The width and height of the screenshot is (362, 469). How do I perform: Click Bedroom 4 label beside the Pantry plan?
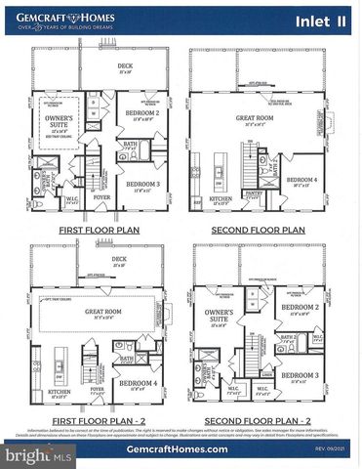[303, 181]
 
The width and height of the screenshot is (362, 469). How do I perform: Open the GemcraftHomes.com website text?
[181, 448]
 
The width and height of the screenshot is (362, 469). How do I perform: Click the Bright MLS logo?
[39, 454]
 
